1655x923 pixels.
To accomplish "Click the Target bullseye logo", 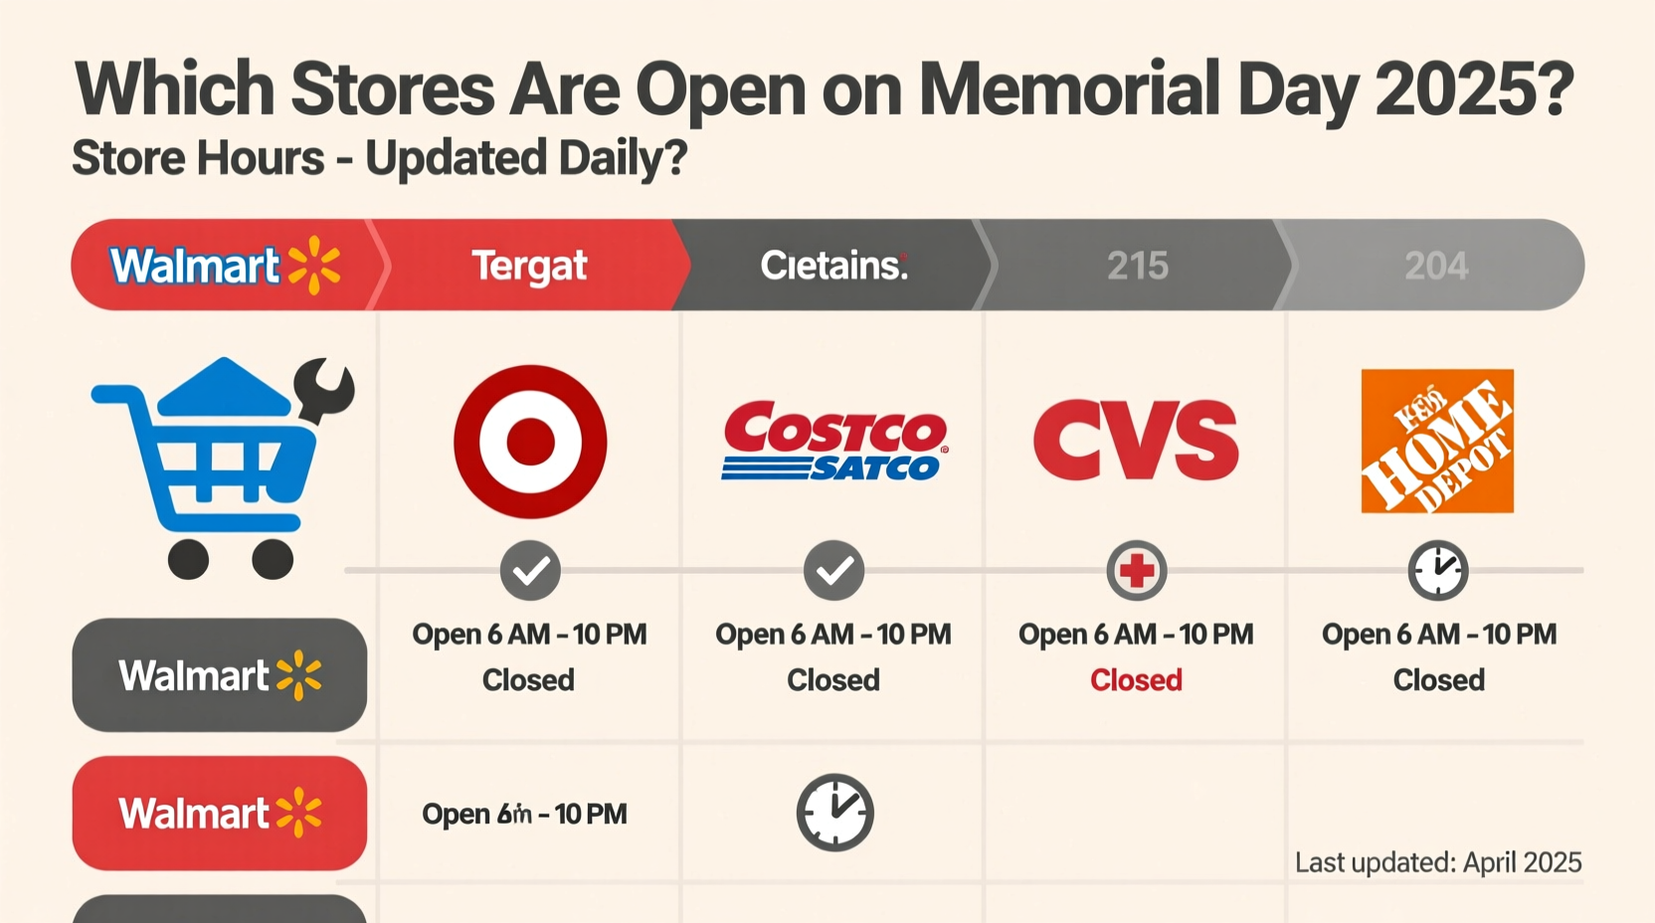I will point(530,441).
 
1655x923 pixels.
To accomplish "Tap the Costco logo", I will point(834,441).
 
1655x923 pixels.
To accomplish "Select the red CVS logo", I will point(1136,441).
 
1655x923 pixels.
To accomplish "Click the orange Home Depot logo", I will point(1437,441).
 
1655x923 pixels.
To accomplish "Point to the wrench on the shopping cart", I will point(324,390).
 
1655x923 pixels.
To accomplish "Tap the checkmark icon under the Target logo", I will point(530,570).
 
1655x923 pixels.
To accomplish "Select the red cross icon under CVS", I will point(1136,570).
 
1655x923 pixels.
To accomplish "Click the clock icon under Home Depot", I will point(1437,570).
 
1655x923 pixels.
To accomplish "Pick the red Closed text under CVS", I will point(1136,680).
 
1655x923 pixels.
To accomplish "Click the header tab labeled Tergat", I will point(529,266).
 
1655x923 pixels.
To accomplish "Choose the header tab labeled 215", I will point(1137,266).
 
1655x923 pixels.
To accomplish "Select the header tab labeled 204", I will point(1435,266).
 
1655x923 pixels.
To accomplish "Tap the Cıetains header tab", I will point(833,266).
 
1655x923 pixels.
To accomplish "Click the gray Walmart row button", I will point(220,675).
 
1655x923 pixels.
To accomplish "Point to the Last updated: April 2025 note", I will point(1437,862).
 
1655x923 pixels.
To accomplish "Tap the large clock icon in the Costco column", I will point(834,813).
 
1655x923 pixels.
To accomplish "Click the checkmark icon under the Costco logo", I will point(833,570).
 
